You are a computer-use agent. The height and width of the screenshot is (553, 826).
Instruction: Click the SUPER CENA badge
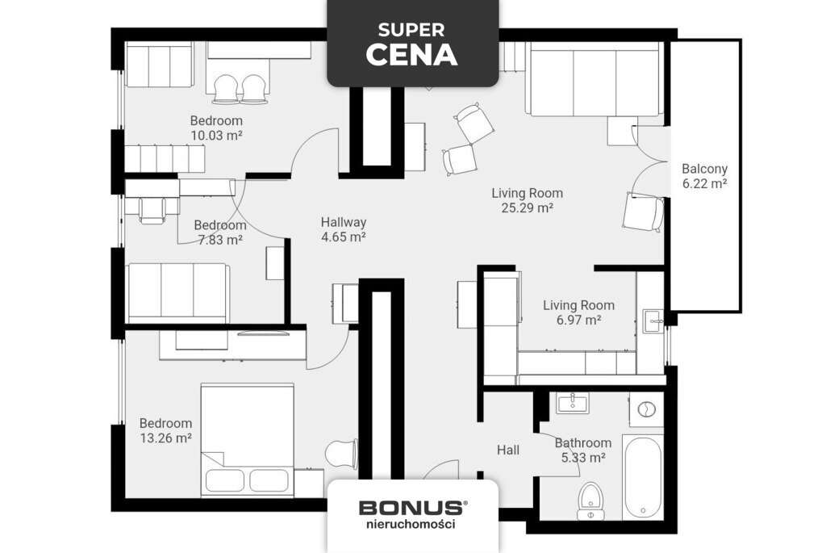(412, 43)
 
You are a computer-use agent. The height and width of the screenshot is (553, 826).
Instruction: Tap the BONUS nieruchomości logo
(412, 514)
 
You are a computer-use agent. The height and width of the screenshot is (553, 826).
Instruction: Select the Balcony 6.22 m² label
(704, 176)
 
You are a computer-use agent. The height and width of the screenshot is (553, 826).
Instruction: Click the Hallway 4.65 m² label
(343, 229)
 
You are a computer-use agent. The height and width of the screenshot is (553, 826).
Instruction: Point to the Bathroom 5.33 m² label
(582, 450)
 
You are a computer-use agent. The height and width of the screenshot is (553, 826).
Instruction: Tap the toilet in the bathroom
(590, 501)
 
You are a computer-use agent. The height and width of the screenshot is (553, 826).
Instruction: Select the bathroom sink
(573, 402)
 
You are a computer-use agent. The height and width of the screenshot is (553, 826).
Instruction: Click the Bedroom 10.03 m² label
(216, 128)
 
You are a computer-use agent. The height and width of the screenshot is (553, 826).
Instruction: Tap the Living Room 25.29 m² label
(527, 200)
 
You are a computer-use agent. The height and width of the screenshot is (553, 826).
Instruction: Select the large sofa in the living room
(594, 82)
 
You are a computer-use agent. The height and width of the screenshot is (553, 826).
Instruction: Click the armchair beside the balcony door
(644, 212)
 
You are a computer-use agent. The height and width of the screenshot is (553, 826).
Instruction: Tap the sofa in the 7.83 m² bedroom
(178, 293)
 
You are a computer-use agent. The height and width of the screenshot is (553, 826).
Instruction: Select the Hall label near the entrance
(508, 450)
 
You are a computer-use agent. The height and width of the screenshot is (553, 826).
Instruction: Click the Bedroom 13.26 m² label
(165, 430)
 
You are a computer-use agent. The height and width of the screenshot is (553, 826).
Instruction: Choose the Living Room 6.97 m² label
(578, 312)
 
